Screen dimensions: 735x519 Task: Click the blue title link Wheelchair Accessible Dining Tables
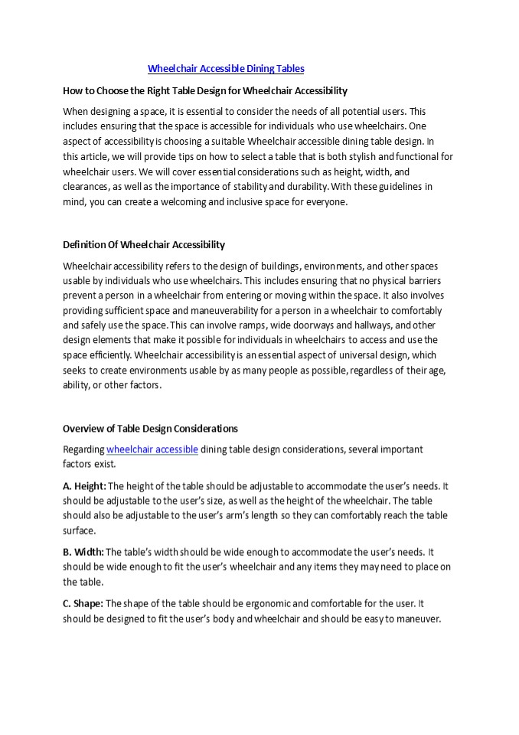(x=226, y=69)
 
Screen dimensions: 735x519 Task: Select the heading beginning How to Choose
(x=204, y=90)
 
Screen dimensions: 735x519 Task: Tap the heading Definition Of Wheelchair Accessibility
(x=143, y=245)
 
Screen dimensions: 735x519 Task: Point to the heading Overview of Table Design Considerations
(x=150, y=429)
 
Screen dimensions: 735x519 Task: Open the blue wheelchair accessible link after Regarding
(x=152, y=449)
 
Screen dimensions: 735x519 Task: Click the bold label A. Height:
(x=84, y=485)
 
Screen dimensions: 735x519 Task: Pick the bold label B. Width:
(x=83, y=551)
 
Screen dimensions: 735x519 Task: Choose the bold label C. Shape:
(x=83, y=603)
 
